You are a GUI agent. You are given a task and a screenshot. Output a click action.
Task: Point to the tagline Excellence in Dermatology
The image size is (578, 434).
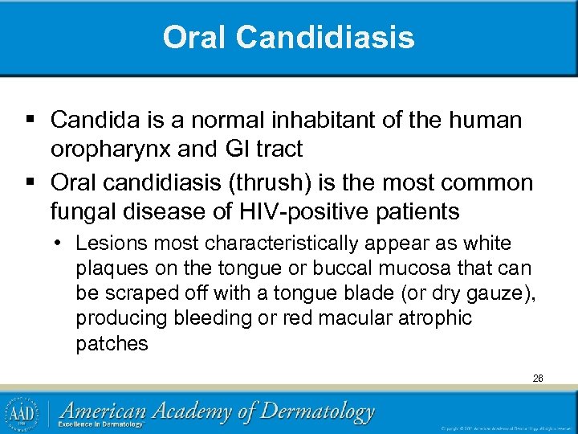pyautogui.click(x=103, y=424)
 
